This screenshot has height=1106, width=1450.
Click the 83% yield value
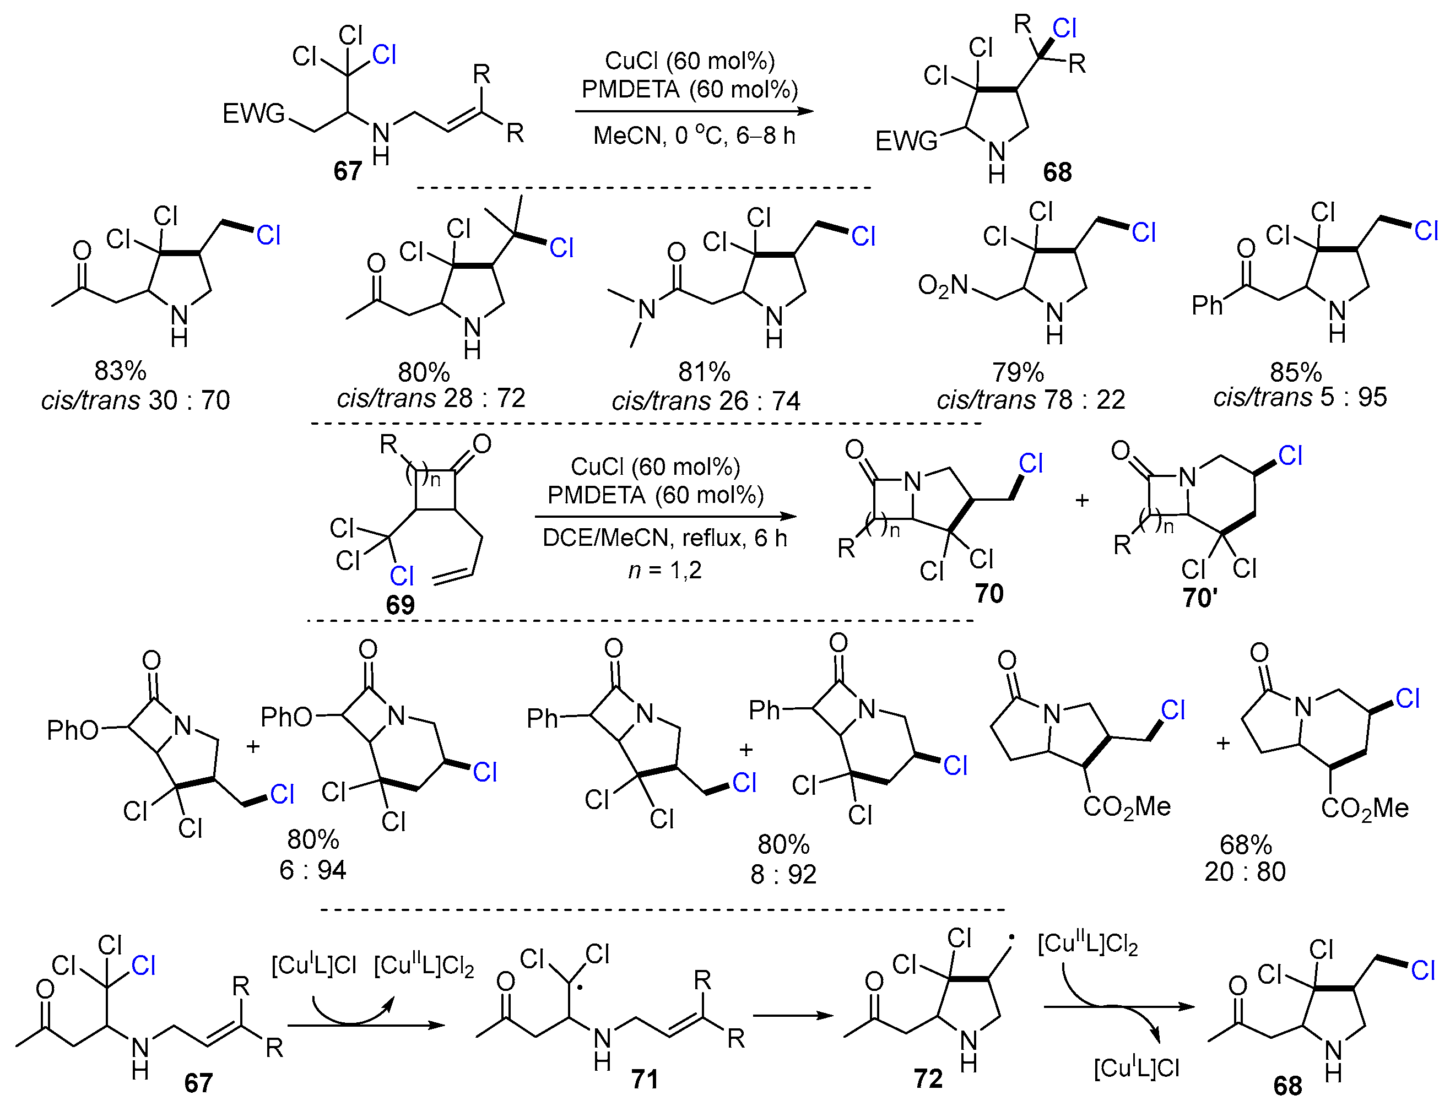(120, 371)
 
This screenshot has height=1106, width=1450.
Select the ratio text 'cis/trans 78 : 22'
(1031, 400)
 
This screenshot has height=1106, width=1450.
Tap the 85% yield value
(1295, 373)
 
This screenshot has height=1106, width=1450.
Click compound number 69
(400, 604)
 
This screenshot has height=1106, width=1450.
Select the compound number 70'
(1200, 598)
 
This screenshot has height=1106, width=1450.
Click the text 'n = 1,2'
(665, 570)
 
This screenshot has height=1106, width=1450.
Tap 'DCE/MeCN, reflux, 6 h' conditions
(664, 538)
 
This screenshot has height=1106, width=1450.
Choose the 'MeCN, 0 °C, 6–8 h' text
(694, 135)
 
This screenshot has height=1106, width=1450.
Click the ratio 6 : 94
(312, 870)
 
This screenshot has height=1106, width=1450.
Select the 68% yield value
(1245, 844)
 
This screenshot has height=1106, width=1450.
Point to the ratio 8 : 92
(783, 874)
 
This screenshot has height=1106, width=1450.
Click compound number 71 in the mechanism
(645, 1079)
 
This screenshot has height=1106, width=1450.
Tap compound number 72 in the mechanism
(928, 1078)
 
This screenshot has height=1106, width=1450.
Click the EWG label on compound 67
(253, 113)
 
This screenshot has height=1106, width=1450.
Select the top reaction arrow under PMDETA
(694, 111)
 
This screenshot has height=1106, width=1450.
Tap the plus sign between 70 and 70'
(1081, 500)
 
